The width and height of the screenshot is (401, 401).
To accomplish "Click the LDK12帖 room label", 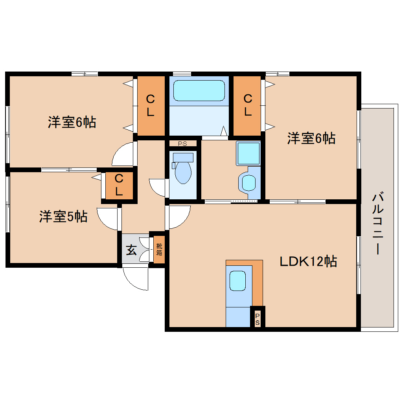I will click(x=308, y=261).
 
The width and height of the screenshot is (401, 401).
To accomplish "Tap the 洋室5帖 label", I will click(x=63, y=217).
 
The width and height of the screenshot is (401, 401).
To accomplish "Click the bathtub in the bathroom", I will click(x=199, y=90).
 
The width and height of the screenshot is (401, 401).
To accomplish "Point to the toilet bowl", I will click(x=183, y=172).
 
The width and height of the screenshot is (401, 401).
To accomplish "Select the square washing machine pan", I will click(x=248, y=153).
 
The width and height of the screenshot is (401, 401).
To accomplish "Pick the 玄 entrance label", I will click(x=131, y=250).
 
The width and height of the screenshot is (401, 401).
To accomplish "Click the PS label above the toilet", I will click(x=182, y=144).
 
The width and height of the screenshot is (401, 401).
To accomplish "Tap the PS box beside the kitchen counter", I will click(x=258, y=319).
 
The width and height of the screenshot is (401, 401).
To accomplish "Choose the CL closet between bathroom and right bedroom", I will click(x=248, y=105).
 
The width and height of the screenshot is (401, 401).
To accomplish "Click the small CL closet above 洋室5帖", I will click(x=119, y=185).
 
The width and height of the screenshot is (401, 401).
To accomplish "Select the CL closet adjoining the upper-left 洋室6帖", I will click(x=150, y=105).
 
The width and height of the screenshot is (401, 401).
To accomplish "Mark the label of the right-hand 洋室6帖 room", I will click(x=311, y=138).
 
